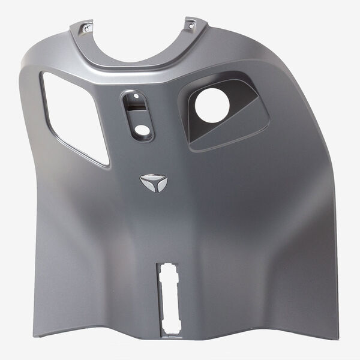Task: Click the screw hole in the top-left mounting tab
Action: click(x=88, y=27)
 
